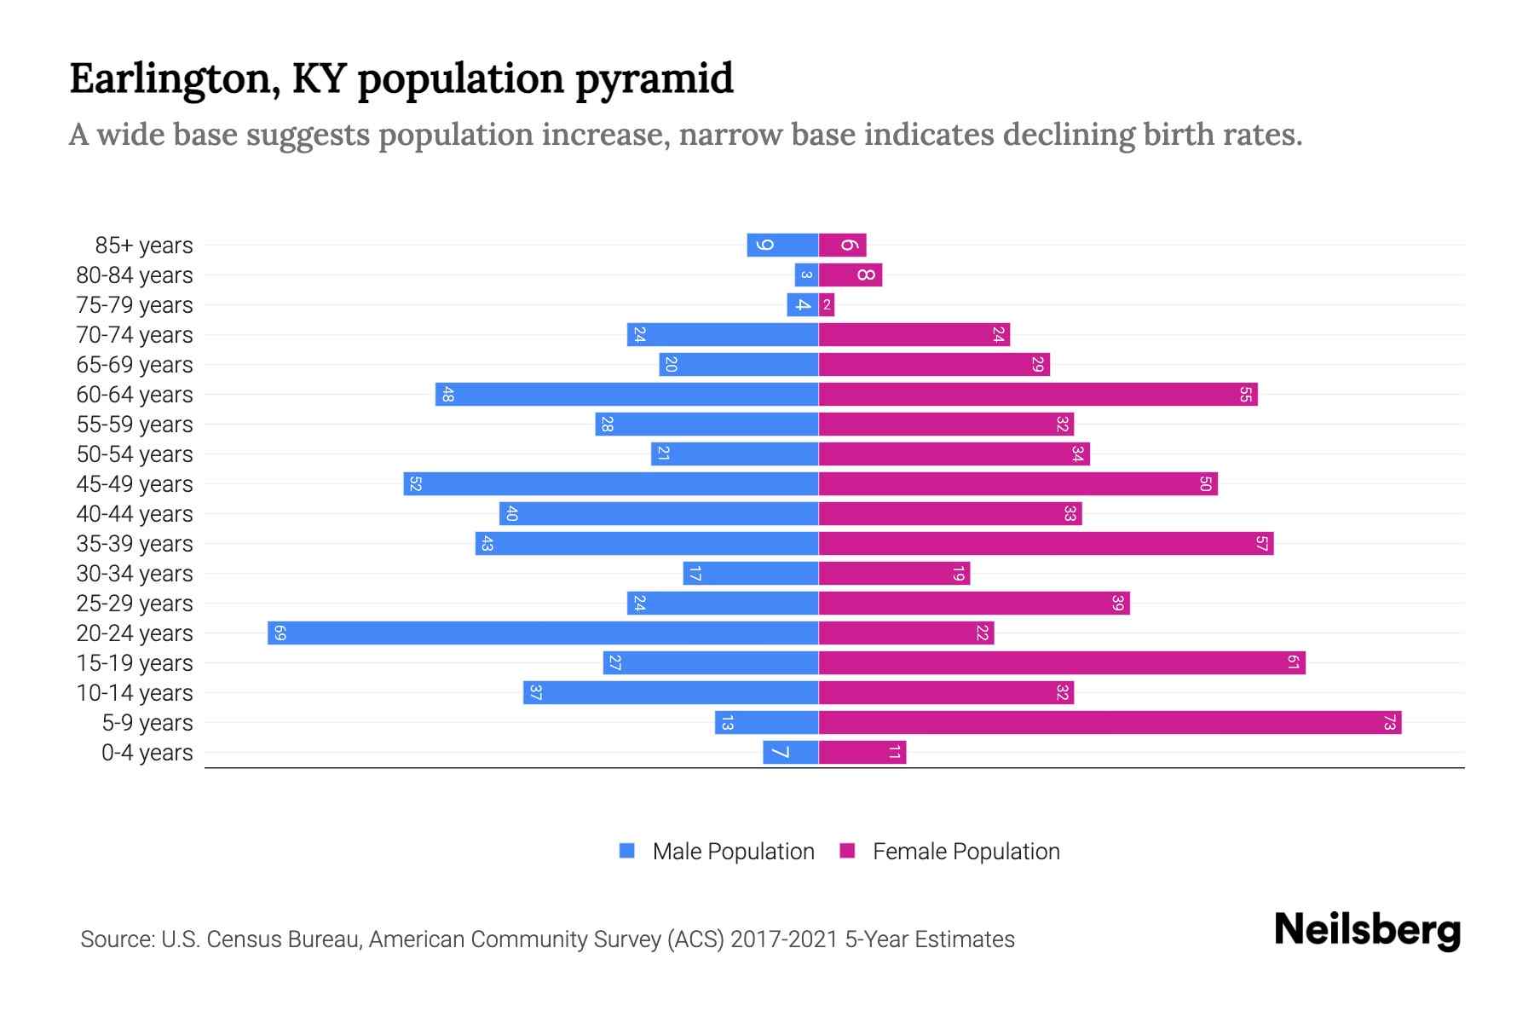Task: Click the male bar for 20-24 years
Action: [x=543, y=633]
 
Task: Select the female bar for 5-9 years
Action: [x=1110, y=722]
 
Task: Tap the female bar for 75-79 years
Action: [x=827, y=304]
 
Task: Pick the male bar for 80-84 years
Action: [x=806, y=275]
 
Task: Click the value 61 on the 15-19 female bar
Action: [x=1293, y=662]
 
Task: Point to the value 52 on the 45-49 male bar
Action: [x=415, y=483]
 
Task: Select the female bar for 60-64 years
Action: [x=1038, y=394]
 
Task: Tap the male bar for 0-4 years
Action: [x=791, y=752]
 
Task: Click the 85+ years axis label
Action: [x=143, y=246]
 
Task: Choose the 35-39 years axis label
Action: [x=135, y=544]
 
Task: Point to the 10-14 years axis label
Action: [x=135, y=693]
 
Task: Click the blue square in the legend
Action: [x=627, y=851]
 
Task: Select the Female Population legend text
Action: [x=966, y=852]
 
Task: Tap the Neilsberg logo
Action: [x=1367, y=930]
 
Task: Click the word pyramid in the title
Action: [x=654, y=79]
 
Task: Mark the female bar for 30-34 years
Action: [x=894, y=573]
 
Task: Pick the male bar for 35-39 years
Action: [x=647, y=543]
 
